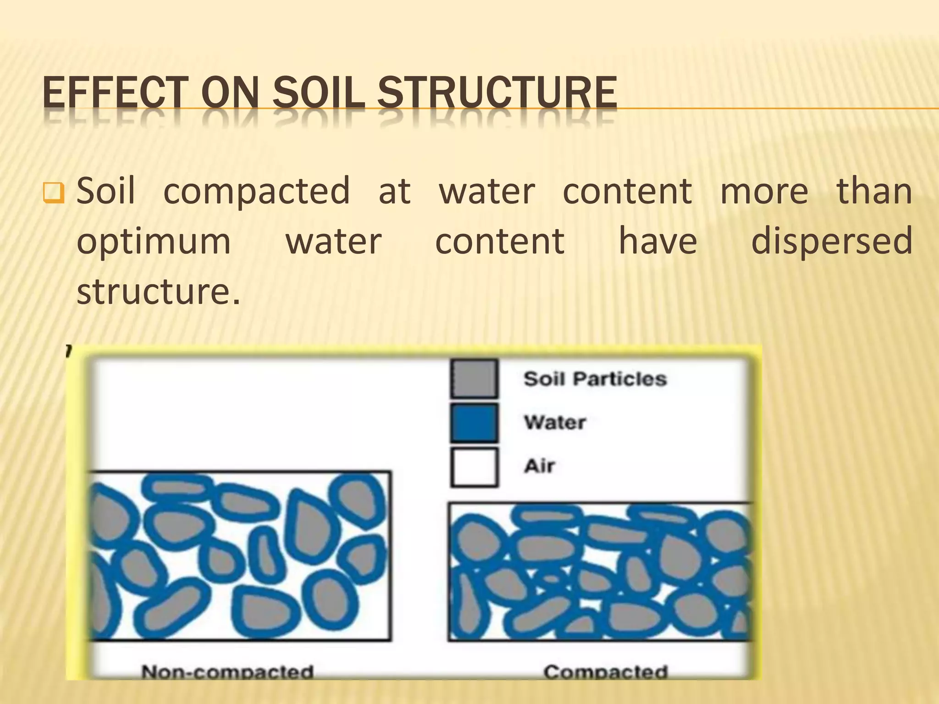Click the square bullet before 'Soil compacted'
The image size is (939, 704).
coord(53,193)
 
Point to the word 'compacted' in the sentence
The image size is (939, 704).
coord(257,191)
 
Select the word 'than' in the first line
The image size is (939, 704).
coord(874,191)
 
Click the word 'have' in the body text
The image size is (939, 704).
coord(658,242)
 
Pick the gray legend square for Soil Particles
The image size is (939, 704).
coord(474,379)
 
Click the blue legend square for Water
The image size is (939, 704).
coord(474,423)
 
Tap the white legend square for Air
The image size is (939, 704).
coord(474,467)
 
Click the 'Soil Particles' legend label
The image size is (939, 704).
coord(595,379)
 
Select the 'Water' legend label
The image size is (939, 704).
coord(555,422)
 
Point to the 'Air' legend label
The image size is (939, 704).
coord(539,466)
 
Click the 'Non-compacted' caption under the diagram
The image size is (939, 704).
coord(227,671)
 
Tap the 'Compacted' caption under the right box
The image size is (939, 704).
coord(605,671)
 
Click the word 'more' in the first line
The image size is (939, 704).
coord(764,191)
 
